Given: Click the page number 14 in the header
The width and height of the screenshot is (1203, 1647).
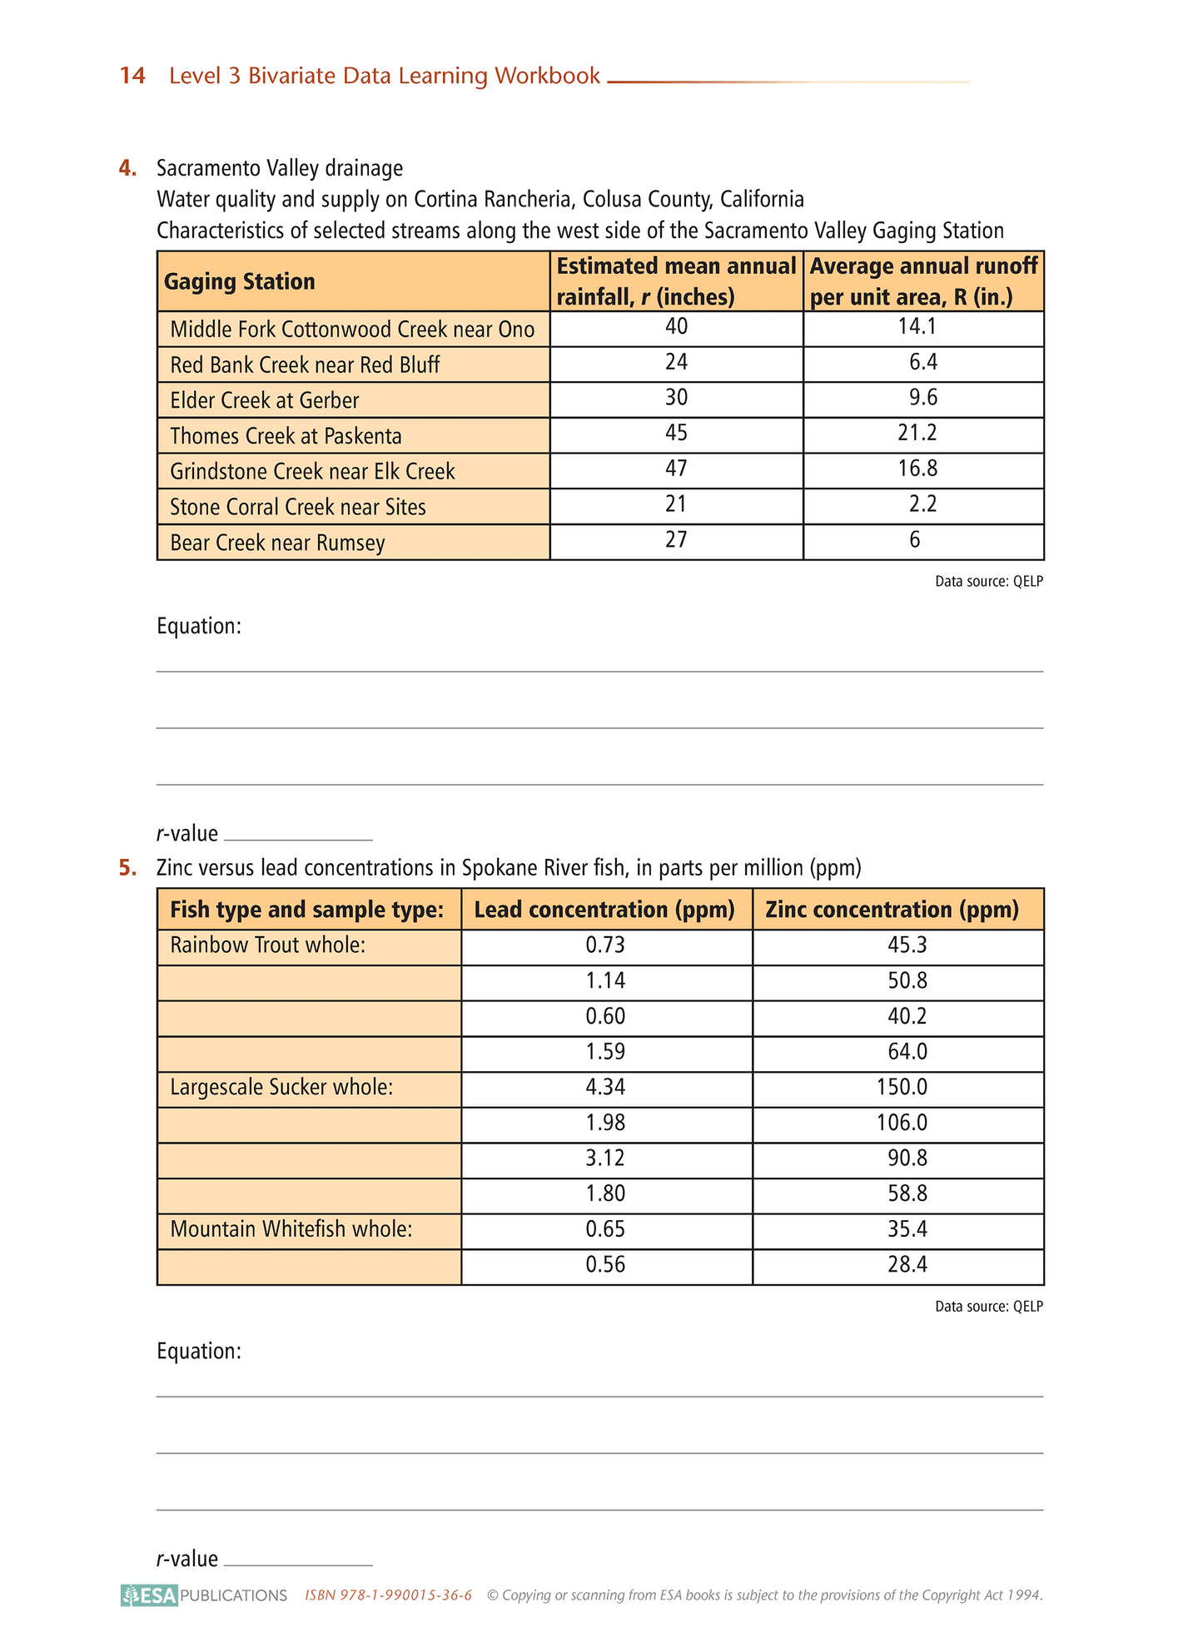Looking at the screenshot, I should (x=132, y=76).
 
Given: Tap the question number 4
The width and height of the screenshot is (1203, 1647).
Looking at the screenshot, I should (x=127, y=169).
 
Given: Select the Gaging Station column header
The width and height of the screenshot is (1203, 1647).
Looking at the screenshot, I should (x=240, y=281).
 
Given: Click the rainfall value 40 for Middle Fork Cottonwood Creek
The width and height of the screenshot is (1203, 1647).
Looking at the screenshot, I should (x=676, y=327).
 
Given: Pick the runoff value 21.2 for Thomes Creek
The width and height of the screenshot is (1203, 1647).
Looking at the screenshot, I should (x=917, y=434).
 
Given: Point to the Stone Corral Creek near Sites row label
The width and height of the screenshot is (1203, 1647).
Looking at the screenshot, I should (x=297, y=507).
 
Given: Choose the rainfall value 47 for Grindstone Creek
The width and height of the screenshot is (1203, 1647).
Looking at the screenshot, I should (x=676, y=469).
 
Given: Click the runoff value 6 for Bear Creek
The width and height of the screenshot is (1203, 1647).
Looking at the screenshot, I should (x=915, y=540).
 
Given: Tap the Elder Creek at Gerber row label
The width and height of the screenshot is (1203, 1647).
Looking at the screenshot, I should (x=264, y=400).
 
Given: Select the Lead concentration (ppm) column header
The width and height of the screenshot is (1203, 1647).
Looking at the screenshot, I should (x=605, y=910).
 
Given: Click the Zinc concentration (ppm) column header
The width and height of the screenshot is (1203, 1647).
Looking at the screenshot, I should (x=892, y=910).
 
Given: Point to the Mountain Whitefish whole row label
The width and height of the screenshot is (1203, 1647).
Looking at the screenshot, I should (x=291, y=1229).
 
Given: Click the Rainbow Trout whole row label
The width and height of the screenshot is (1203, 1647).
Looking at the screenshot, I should (x=268, y=945).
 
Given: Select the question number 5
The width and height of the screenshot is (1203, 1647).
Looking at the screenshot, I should (x=127, y=869).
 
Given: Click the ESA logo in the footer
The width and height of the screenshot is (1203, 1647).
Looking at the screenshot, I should (x=150, y=1595).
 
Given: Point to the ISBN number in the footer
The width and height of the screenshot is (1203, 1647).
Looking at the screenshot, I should (x=389, y=1595).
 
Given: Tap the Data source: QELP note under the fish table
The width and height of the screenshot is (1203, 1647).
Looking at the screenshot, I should (x=988, y=1307).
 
